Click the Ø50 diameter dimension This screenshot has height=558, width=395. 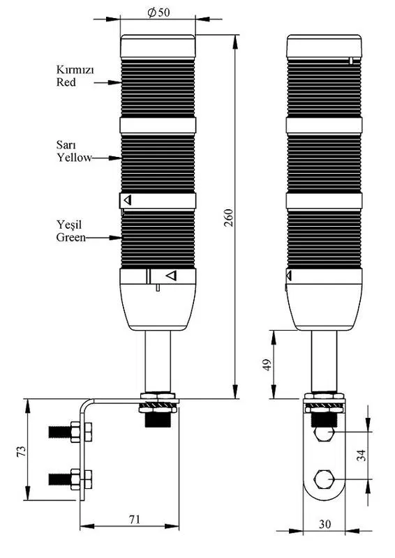(159, 13)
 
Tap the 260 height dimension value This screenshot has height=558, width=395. (229, 218)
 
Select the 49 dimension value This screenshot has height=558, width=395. (267, 365)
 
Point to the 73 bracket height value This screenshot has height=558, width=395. (22, 451)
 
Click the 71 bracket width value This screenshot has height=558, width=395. (134, 519)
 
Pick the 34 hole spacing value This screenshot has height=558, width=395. (362, 455)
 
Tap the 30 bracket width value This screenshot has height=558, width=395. (325, 525)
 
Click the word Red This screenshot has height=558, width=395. (66, 82)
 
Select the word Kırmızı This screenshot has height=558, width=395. (75, 69)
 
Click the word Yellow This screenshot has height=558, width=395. (75, 158)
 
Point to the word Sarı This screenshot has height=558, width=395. (66, 145)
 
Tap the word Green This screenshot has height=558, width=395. (71, 237)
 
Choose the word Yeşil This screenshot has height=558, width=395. (69, 225)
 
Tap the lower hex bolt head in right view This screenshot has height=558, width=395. (324, 481)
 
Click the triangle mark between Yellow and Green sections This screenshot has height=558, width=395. (128, 200)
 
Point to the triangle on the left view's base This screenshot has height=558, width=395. (172, 276)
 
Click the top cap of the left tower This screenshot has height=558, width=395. (158, 46)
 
